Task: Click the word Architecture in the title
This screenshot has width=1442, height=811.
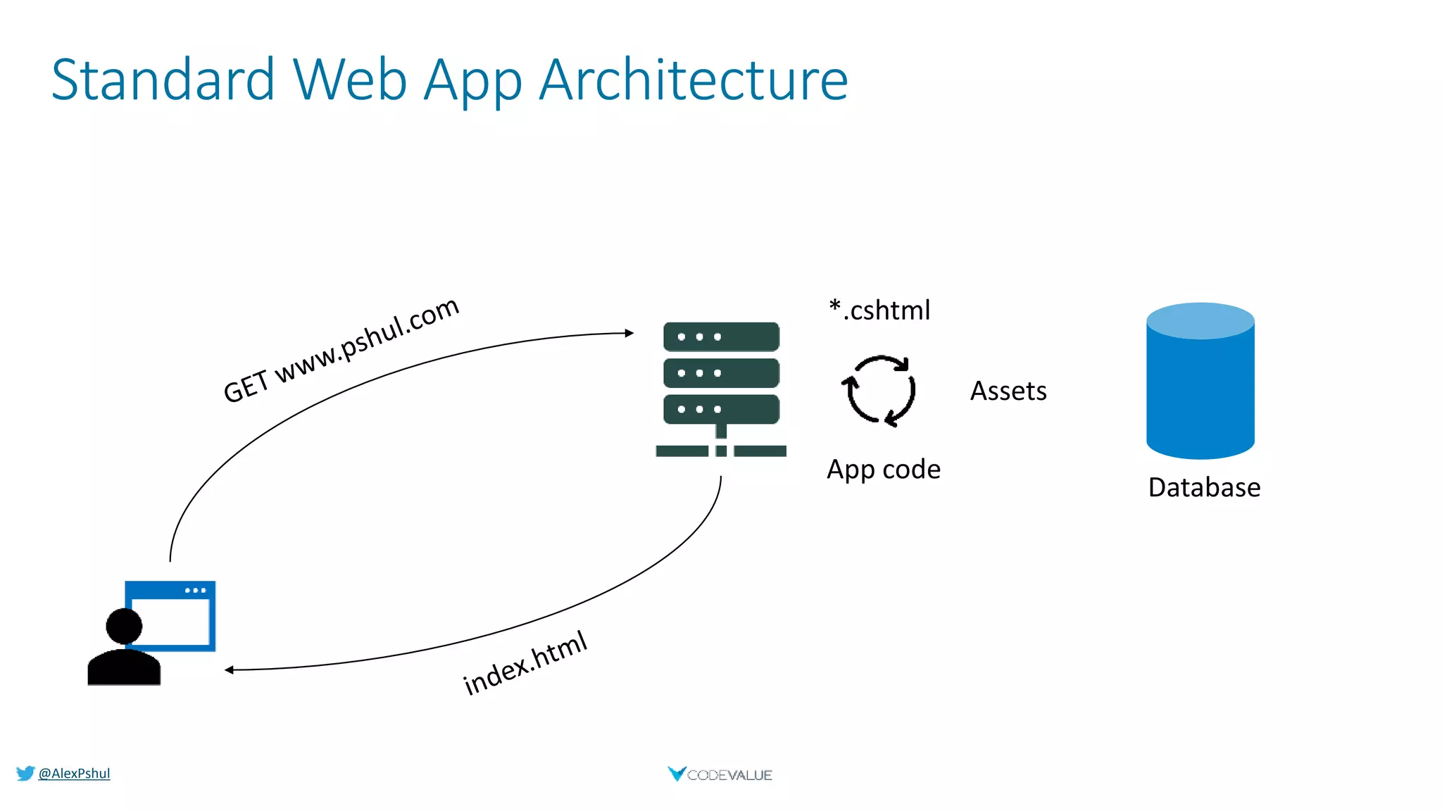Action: click(694, 80)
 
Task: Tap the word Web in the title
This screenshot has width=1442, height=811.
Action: click(350, 80)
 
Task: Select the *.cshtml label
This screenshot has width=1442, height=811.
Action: click(879, 310)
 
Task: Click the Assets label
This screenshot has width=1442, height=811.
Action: click(1008, 391)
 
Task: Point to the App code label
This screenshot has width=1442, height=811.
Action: click(884, 470)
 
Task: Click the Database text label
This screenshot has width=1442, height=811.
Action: click(1204, 487)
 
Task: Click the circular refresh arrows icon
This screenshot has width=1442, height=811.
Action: click(879, 391)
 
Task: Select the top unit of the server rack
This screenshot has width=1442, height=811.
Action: click(721, 337)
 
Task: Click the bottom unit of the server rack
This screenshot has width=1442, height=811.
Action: click(721, 409)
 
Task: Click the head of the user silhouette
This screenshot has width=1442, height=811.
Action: click(124, 626)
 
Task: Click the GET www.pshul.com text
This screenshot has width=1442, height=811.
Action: click(341, 350)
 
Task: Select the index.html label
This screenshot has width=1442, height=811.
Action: click(525, 663)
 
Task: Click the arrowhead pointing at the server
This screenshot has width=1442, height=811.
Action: click(629, 333)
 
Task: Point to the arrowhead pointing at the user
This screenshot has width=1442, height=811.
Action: click(230, 669)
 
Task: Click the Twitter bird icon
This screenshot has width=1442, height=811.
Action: click(25, 773)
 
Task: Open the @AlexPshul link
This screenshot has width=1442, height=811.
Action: click(74, 773)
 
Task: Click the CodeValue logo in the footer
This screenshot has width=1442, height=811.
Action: click(720, 774)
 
